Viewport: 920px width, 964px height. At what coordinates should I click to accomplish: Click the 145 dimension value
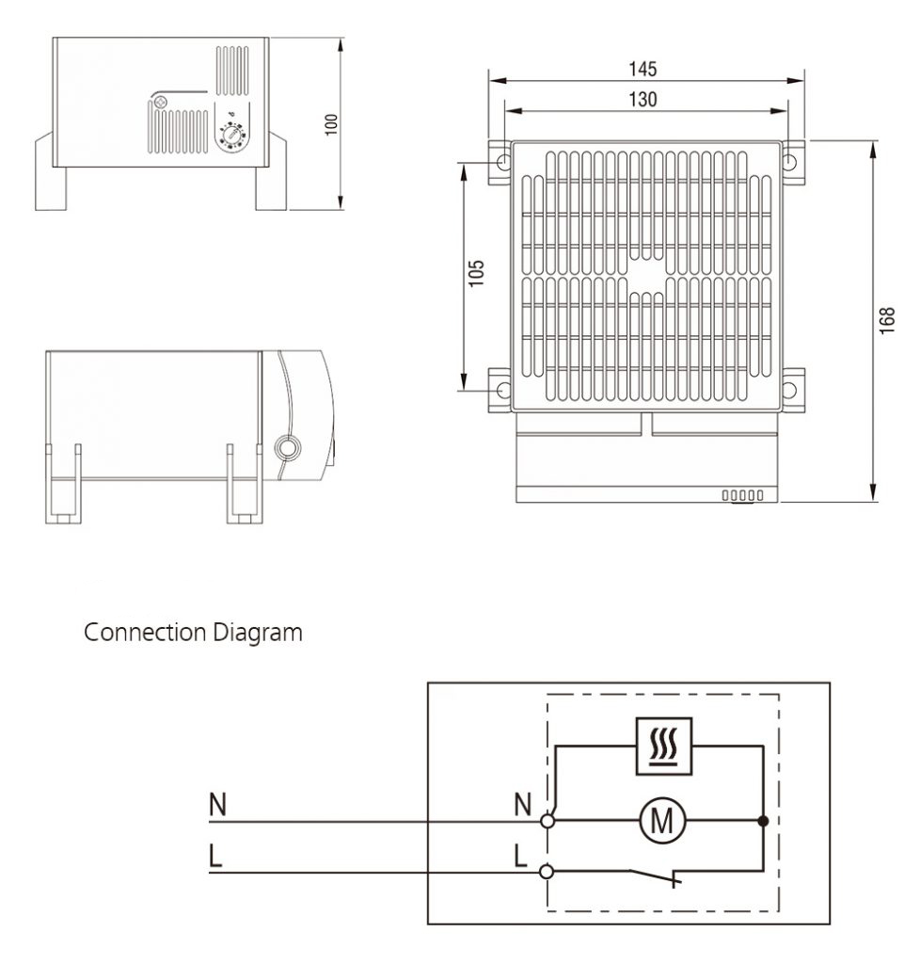click(x=643, y=70)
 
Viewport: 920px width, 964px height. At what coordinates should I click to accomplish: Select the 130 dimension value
click(x=643, y=99)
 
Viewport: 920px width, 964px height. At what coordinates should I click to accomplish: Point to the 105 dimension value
click(x=477, y=274)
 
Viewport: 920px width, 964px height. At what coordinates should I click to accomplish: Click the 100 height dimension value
click(x=331, y=123)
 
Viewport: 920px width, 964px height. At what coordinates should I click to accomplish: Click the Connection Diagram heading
click(x=194, y=633)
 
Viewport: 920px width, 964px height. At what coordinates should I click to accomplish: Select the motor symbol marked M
click(x=663, y=822)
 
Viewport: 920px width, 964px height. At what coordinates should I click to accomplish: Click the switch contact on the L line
click(x=658, y=876)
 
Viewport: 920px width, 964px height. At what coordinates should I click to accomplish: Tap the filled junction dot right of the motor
click(x=763, y=822)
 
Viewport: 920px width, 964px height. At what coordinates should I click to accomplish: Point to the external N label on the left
click(x=216, y=805)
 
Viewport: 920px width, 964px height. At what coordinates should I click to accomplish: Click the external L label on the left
click(x=215, y=857)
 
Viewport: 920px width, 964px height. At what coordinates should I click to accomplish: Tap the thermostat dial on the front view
click(x=230, y=138)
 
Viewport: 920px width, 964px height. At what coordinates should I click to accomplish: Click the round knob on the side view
click(x=286, y=446)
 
